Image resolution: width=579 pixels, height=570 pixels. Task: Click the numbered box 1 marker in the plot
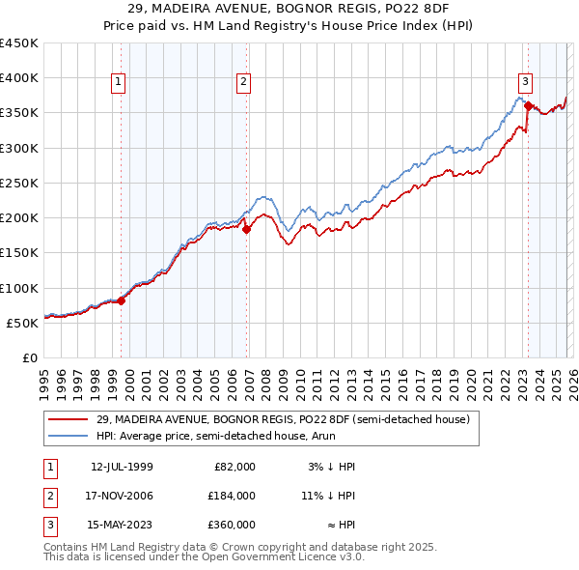(x=118, y=83)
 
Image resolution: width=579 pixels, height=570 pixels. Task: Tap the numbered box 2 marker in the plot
(x=243, y=83)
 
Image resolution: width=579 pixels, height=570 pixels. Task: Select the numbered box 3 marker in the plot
(x=525, y=83)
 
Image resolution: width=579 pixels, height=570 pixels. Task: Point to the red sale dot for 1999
(x=121, y=300)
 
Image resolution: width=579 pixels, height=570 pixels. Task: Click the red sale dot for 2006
(x=246, y=229)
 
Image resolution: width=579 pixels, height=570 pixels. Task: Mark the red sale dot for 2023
(x=528, y=106)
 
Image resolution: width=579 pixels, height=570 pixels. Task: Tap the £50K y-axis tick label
(x=23, y=323)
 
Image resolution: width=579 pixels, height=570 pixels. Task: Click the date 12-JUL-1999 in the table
(x=122, y=467)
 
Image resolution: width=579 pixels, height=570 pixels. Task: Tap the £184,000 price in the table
(x=231, y=496)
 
